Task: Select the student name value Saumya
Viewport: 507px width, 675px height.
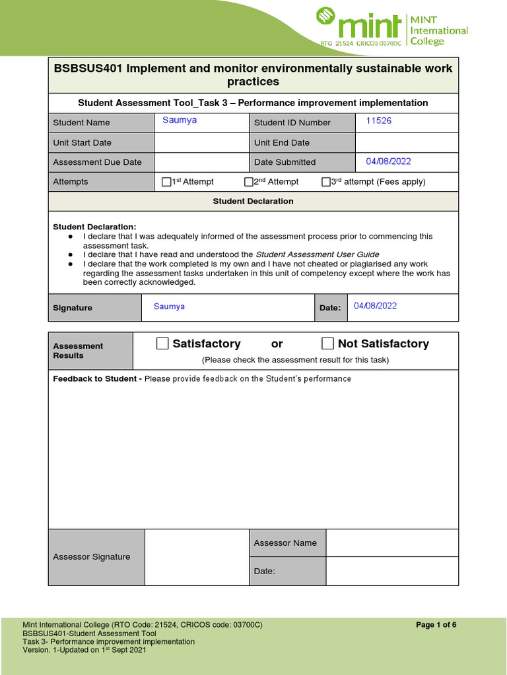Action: pos(180,121)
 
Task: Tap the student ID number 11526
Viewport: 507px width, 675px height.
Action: pos(378,121)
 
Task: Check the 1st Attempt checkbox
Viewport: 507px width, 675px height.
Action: pos(166,182)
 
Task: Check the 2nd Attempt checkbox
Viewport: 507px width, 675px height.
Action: pos(249,182)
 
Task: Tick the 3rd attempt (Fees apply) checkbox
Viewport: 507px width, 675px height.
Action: pos(326,182)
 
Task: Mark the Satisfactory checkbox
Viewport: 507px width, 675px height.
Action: pos(162,343)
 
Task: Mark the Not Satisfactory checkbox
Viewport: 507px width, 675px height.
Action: pos(327,343)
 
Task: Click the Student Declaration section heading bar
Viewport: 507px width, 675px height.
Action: pos(253,201)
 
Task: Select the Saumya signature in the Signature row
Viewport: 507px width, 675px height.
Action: pos(169,307)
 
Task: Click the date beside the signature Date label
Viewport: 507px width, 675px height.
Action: pos(376,306)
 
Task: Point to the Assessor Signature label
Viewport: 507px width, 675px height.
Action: pos(91,557)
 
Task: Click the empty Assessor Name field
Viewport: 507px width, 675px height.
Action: pos(391,543)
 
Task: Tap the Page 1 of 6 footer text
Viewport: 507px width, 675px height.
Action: pos(436,626)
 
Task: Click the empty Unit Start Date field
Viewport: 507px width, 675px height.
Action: pos(201,142)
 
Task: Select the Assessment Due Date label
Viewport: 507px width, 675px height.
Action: pos(97,162)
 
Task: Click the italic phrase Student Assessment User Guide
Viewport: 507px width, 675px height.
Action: pos(318,254)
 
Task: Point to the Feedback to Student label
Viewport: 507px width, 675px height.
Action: pos(96,379)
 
